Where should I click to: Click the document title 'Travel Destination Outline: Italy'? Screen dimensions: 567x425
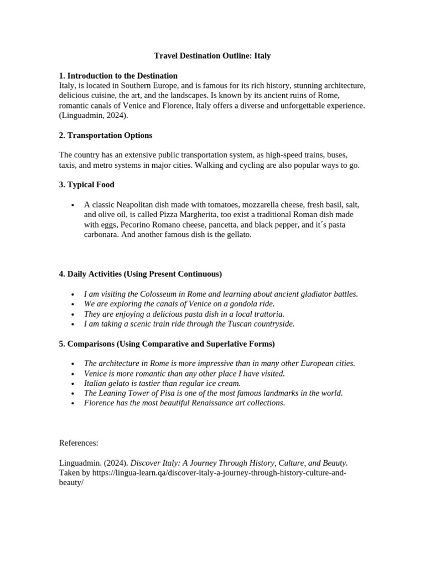(212, 56)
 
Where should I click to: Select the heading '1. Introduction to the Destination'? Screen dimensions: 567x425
(118, 76)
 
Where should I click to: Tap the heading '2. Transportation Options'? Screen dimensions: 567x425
(105, 135)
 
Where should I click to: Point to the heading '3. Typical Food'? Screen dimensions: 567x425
(86, 184)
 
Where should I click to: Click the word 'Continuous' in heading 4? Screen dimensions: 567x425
(199, 274)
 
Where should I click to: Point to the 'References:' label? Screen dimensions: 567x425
(79, 443)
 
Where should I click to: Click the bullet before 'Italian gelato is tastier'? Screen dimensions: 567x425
(73, 383)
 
